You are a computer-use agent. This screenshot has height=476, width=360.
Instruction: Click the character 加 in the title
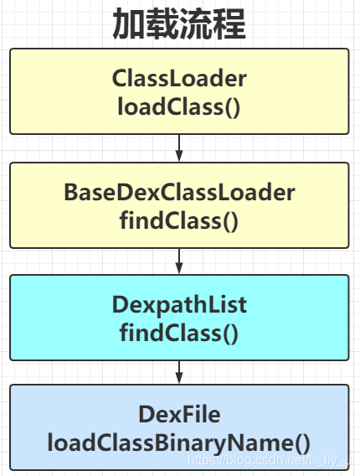click(x=130, y=25)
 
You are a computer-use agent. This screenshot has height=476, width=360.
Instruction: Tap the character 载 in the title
click(x=163, y=25)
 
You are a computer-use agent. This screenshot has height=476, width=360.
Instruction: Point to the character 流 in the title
click(x=197, y=25)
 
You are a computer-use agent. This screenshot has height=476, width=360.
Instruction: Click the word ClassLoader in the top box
click(x=179, y=79)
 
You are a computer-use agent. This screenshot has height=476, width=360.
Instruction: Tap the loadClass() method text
click(x=179, y=106)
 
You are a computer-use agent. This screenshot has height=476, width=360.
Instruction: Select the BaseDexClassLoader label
click(x=179, y=193)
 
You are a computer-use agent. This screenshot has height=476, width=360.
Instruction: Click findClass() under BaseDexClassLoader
click(x=179, y=220)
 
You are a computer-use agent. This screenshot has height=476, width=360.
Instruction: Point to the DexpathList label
click(x=179, y=305)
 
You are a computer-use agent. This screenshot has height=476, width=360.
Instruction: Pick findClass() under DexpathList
click(x=179, y=333)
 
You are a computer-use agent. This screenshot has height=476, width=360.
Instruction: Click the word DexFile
click(x=179, y=414)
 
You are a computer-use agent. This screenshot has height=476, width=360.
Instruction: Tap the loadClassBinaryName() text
click(x=179, y=442)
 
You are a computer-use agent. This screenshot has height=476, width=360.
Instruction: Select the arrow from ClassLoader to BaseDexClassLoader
click(x=179, y=148)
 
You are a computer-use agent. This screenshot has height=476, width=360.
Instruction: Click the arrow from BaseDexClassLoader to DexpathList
click(x=179, y=261)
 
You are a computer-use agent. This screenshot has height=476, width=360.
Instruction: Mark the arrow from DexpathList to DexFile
click(x=179, y=373)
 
